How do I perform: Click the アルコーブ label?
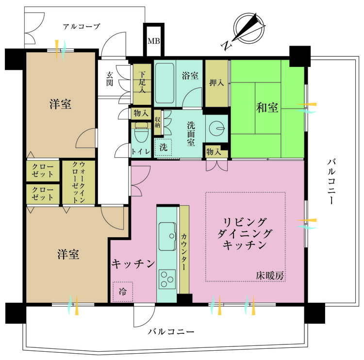coord(82,26)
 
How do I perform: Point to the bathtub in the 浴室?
coord(167,83)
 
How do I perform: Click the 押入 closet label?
coord(217,82)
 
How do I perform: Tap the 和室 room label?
coord(267,107)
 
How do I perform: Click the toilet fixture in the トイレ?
coord(141,131)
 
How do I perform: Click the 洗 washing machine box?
coord(163,147)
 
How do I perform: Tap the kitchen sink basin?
coord(167,231)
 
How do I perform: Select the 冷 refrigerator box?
coord(123,292)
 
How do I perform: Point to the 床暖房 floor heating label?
coord(270,276)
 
